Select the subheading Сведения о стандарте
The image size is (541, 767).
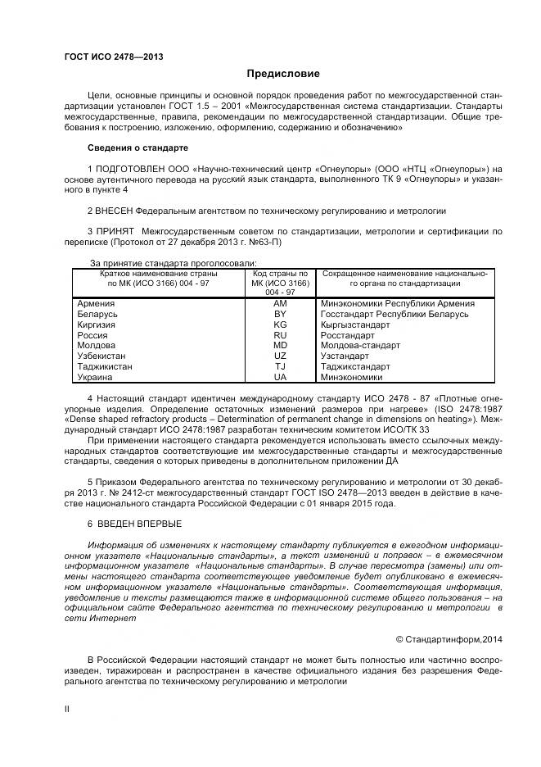pyautogui.click(x=138, y=147)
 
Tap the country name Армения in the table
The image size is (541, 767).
pyautogui.click(x=96, y=303)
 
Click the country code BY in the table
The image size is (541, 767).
pyautogui.click(x=280, y=314)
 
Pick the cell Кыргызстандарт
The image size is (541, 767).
pyautogui.click(x=356, y=324)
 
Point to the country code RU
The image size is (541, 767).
pyautogui.click(x=280, y=335)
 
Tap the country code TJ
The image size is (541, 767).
pyautogui.click(x=280, y=367)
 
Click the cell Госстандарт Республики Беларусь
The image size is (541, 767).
pyautogui.click(x=394, y=314)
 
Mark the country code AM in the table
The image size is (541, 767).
pyautogui.click(x=280, y=303)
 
